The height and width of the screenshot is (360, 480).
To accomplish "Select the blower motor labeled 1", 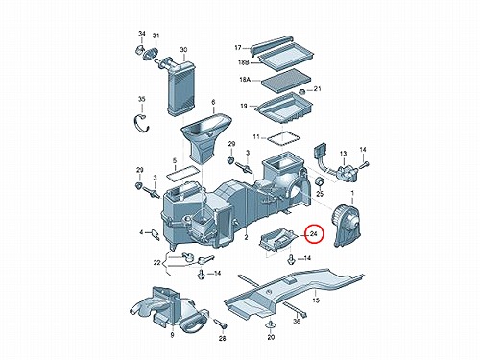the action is (348, 225).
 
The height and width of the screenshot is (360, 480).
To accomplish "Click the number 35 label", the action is (141, 99).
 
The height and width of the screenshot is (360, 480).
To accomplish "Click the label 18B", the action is (244, 62).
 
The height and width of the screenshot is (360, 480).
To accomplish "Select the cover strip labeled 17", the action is (272, 45).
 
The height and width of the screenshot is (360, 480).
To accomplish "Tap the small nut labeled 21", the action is (301, 92).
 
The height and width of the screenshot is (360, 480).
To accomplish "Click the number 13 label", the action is (343, 154).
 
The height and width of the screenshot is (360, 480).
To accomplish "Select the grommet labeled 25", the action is (320, 181).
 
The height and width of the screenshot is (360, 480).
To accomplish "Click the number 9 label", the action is (172, 335).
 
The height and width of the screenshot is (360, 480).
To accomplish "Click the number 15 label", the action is (316, 300).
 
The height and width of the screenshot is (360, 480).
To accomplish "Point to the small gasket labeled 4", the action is (156, 234).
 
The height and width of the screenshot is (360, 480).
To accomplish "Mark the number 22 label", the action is (156, 263).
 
